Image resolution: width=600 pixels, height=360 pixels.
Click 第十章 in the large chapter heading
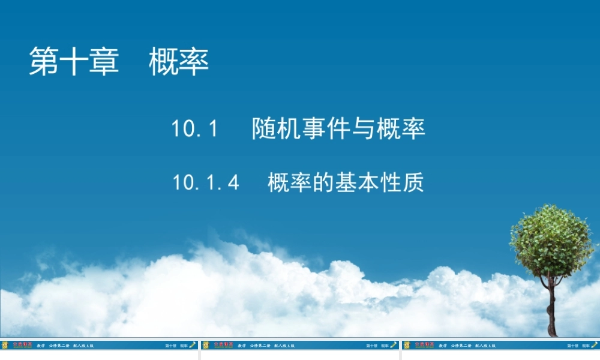pyautogui.click(x=74, y=62)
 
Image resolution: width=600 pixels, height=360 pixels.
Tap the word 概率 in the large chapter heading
pyautogui.click(x=179, y=62)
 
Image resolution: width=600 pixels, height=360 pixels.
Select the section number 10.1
pyautogui.click(x=194, y=129)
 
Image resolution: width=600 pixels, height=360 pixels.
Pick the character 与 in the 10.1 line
pyautogui.click(x=363, y=129)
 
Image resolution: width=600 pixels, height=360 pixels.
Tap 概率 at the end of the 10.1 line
pyautogui.click(x=401, y=129)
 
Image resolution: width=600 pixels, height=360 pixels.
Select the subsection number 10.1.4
pyautogui.click(x=206, y=182)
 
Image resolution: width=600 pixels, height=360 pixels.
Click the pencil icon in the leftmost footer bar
pyautogui.click(x=193, y=345)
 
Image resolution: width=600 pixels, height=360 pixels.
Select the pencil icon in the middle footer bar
pyautogui.click(x=394, y=345)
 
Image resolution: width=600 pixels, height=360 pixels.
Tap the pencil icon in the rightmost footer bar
pyautogui.click(x=595, y=345)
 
